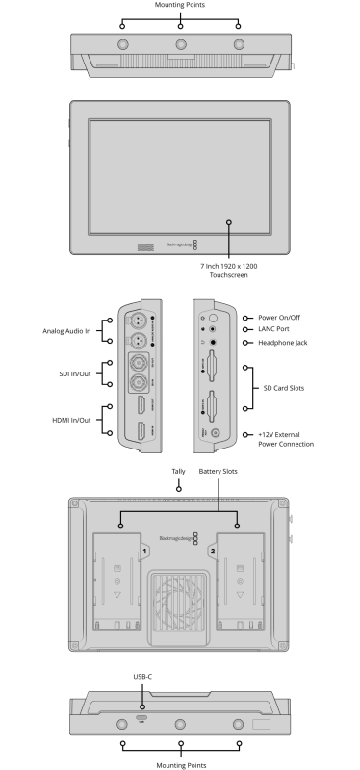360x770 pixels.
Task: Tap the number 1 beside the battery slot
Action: point(143,552)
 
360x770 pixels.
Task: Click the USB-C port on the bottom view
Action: point(141,721)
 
